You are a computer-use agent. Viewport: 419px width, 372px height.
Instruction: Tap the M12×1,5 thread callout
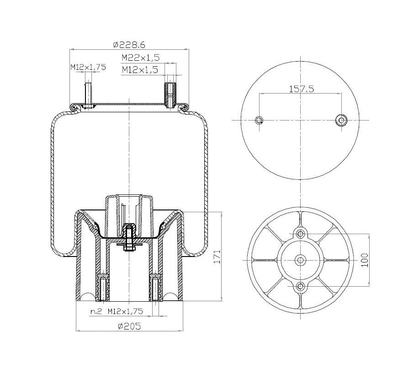pos(139,70)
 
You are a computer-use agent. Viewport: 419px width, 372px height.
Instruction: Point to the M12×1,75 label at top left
pos(88,67)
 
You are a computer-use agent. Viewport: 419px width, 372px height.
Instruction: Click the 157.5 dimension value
pos(301,89)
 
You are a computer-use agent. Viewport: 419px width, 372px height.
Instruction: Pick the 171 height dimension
pos(218,258)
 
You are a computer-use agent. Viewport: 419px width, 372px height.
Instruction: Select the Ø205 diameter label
pos(128,326)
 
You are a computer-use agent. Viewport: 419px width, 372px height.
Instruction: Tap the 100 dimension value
pos(364,259)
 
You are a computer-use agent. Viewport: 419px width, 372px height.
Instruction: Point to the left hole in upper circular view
pos(259,120)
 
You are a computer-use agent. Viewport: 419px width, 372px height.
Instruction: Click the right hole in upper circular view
pos(341,120)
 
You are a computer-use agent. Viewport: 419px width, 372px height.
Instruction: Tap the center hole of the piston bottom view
pos(300,260)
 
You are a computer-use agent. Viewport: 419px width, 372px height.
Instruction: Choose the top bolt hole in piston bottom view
pos(300,234)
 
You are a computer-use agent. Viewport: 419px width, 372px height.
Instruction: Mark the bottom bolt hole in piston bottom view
pos(300,286)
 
